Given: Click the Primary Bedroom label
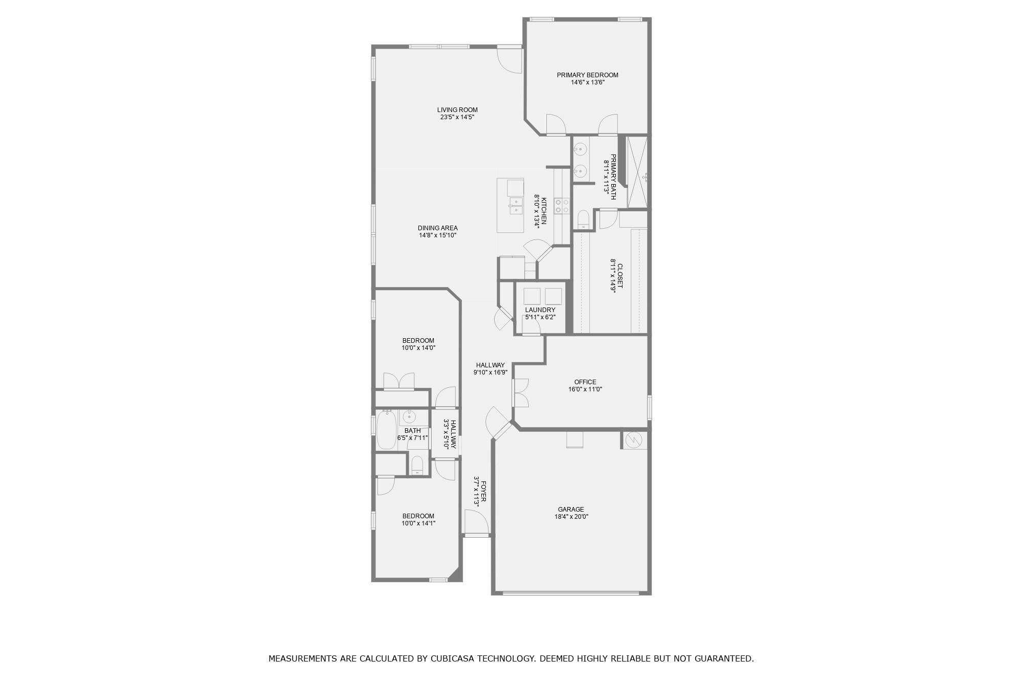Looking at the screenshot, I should click(x=587, y=75).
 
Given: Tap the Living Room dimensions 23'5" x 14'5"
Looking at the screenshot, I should click(x=457, y=117).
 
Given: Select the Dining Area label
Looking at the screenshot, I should click(x=437, y=228).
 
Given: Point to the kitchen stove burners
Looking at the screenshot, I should click(x=562, y=206).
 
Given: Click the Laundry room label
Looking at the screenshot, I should click(x=540, y=310).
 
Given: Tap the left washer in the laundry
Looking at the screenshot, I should click(x=531, y=296).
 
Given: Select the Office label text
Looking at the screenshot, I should click(x=585, y=382).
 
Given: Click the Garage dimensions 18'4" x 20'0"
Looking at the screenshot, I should click(x=571, y=517).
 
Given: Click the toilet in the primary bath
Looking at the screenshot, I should click(x=583, y=219).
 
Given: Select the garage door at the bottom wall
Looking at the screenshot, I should click(x=571, y=593).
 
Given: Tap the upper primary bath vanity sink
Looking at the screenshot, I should click(x=580, y=149).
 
